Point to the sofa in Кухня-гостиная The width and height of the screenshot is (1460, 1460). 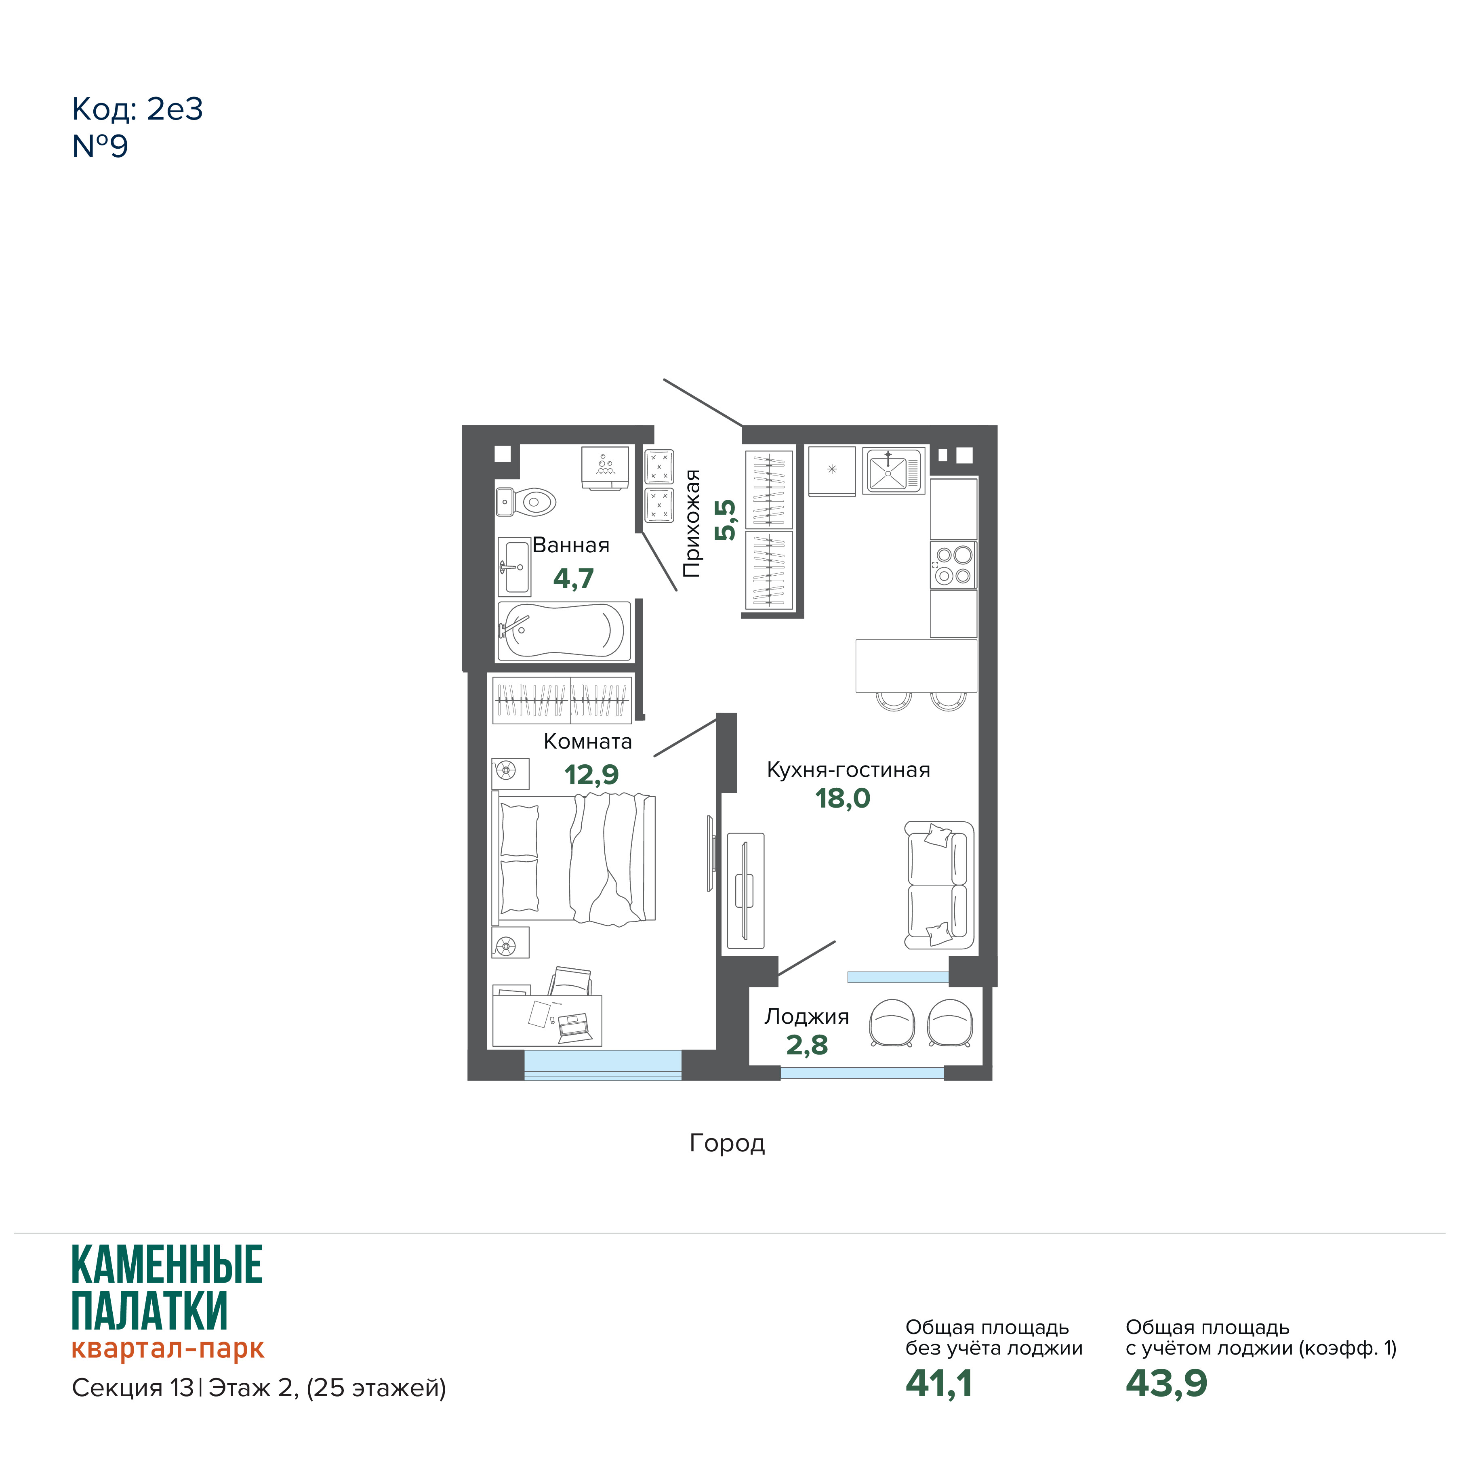(x=939, y=885)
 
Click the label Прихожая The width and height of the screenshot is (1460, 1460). (x=692, y=523)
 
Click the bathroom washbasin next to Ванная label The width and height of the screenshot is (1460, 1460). (x=514, y=567)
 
